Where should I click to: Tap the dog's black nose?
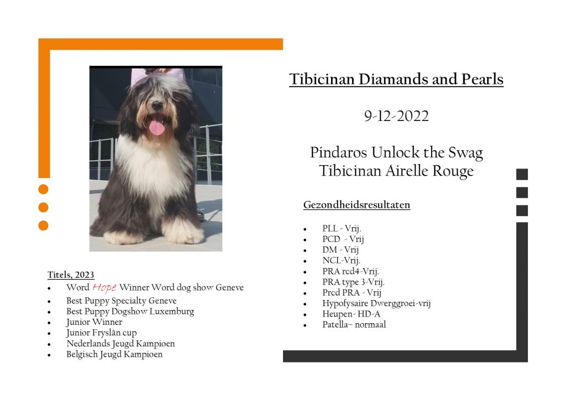point(157,105)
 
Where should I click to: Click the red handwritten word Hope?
point(104,287)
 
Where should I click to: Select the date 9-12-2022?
point(396,116)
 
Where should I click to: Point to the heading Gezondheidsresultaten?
point(357,205)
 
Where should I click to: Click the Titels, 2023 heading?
point(71,275)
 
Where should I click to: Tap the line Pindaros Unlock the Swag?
point(396,152)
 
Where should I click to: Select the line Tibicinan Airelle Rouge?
point(396,171)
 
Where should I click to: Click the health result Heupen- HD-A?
point(351,314)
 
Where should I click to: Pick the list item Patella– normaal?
point(354,325)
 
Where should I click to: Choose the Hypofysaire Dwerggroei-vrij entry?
point(376,303)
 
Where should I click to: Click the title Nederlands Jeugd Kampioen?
point(120,344)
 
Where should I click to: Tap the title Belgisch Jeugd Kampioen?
point(114,354)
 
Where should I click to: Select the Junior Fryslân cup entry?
point(102,333)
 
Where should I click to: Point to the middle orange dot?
point(43,207)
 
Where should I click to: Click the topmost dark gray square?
point(522,174)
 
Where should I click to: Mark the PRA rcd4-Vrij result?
point(350,271)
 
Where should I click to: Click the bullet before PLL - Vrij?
point(305,229)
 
